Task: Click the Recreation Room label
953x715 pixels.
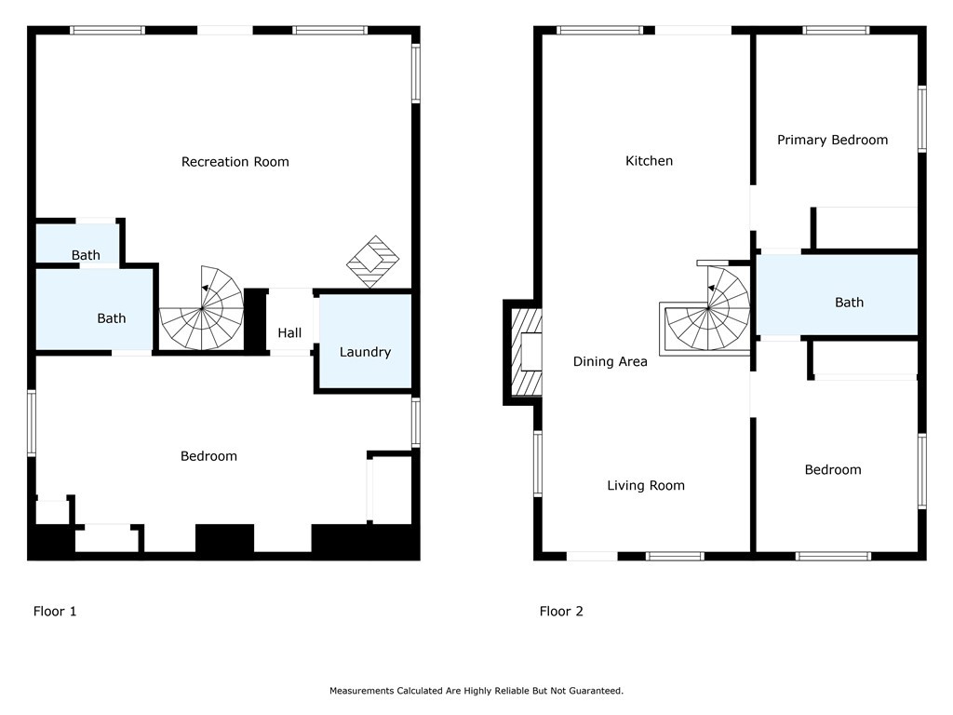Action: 235,162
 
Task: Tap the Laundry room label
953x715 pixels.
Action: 365,352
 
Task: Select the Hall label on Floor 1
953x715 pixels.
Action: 290,332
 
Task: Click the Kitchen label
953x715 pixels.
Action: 649,160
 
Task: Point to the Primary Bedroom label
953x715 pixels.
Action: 833,140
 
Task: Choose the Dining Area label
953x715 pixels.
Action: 611,361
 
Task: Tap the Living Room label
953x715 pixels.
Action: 646,485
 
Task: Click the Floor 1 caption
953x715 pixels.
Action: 55,611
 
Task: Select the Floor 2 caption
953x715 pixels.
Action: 561,611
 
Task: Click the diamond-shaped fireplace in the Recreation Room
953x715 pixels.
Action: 372,262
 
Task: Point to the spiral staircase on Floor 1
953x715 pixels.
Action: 202,307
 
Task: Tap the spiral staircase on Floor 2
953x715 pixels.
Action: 707,308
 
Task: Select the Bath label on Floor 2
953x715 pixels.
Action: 849,303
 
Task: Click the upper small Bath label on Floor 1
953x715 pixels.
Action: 86,255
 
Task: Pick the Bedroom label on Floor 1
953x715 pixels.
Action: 208,456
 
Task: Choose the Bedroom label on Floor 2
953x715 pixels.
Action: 833,469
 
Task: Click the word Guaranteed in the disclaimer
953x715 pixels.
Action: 596,691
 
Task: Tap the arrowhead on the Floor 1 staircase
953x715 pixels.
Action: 206,289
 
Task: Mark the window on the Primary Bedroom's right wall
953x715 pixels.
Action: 922,118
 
